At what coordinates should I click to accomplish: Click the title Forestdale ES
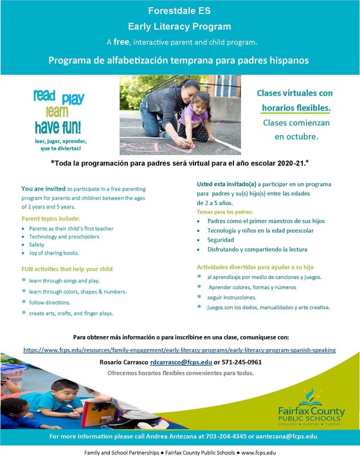pyautogui.click(x=179, y=11)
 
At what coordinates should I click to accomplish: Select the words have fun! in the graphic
pyautogui.click(x=62, y=125)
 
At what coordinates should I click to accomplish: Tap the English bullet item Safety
pyautogui.click(x=37, y=245)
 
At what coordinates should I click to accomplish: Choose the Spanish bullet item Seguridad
pyautogui.click(x=224, y=239)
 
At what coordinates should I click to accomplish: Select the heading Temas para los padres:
pyautogui.click(x=224, y=211)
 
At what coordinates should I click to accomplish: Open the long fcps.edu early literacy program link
pyautogui.click(x=180, y=350)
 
